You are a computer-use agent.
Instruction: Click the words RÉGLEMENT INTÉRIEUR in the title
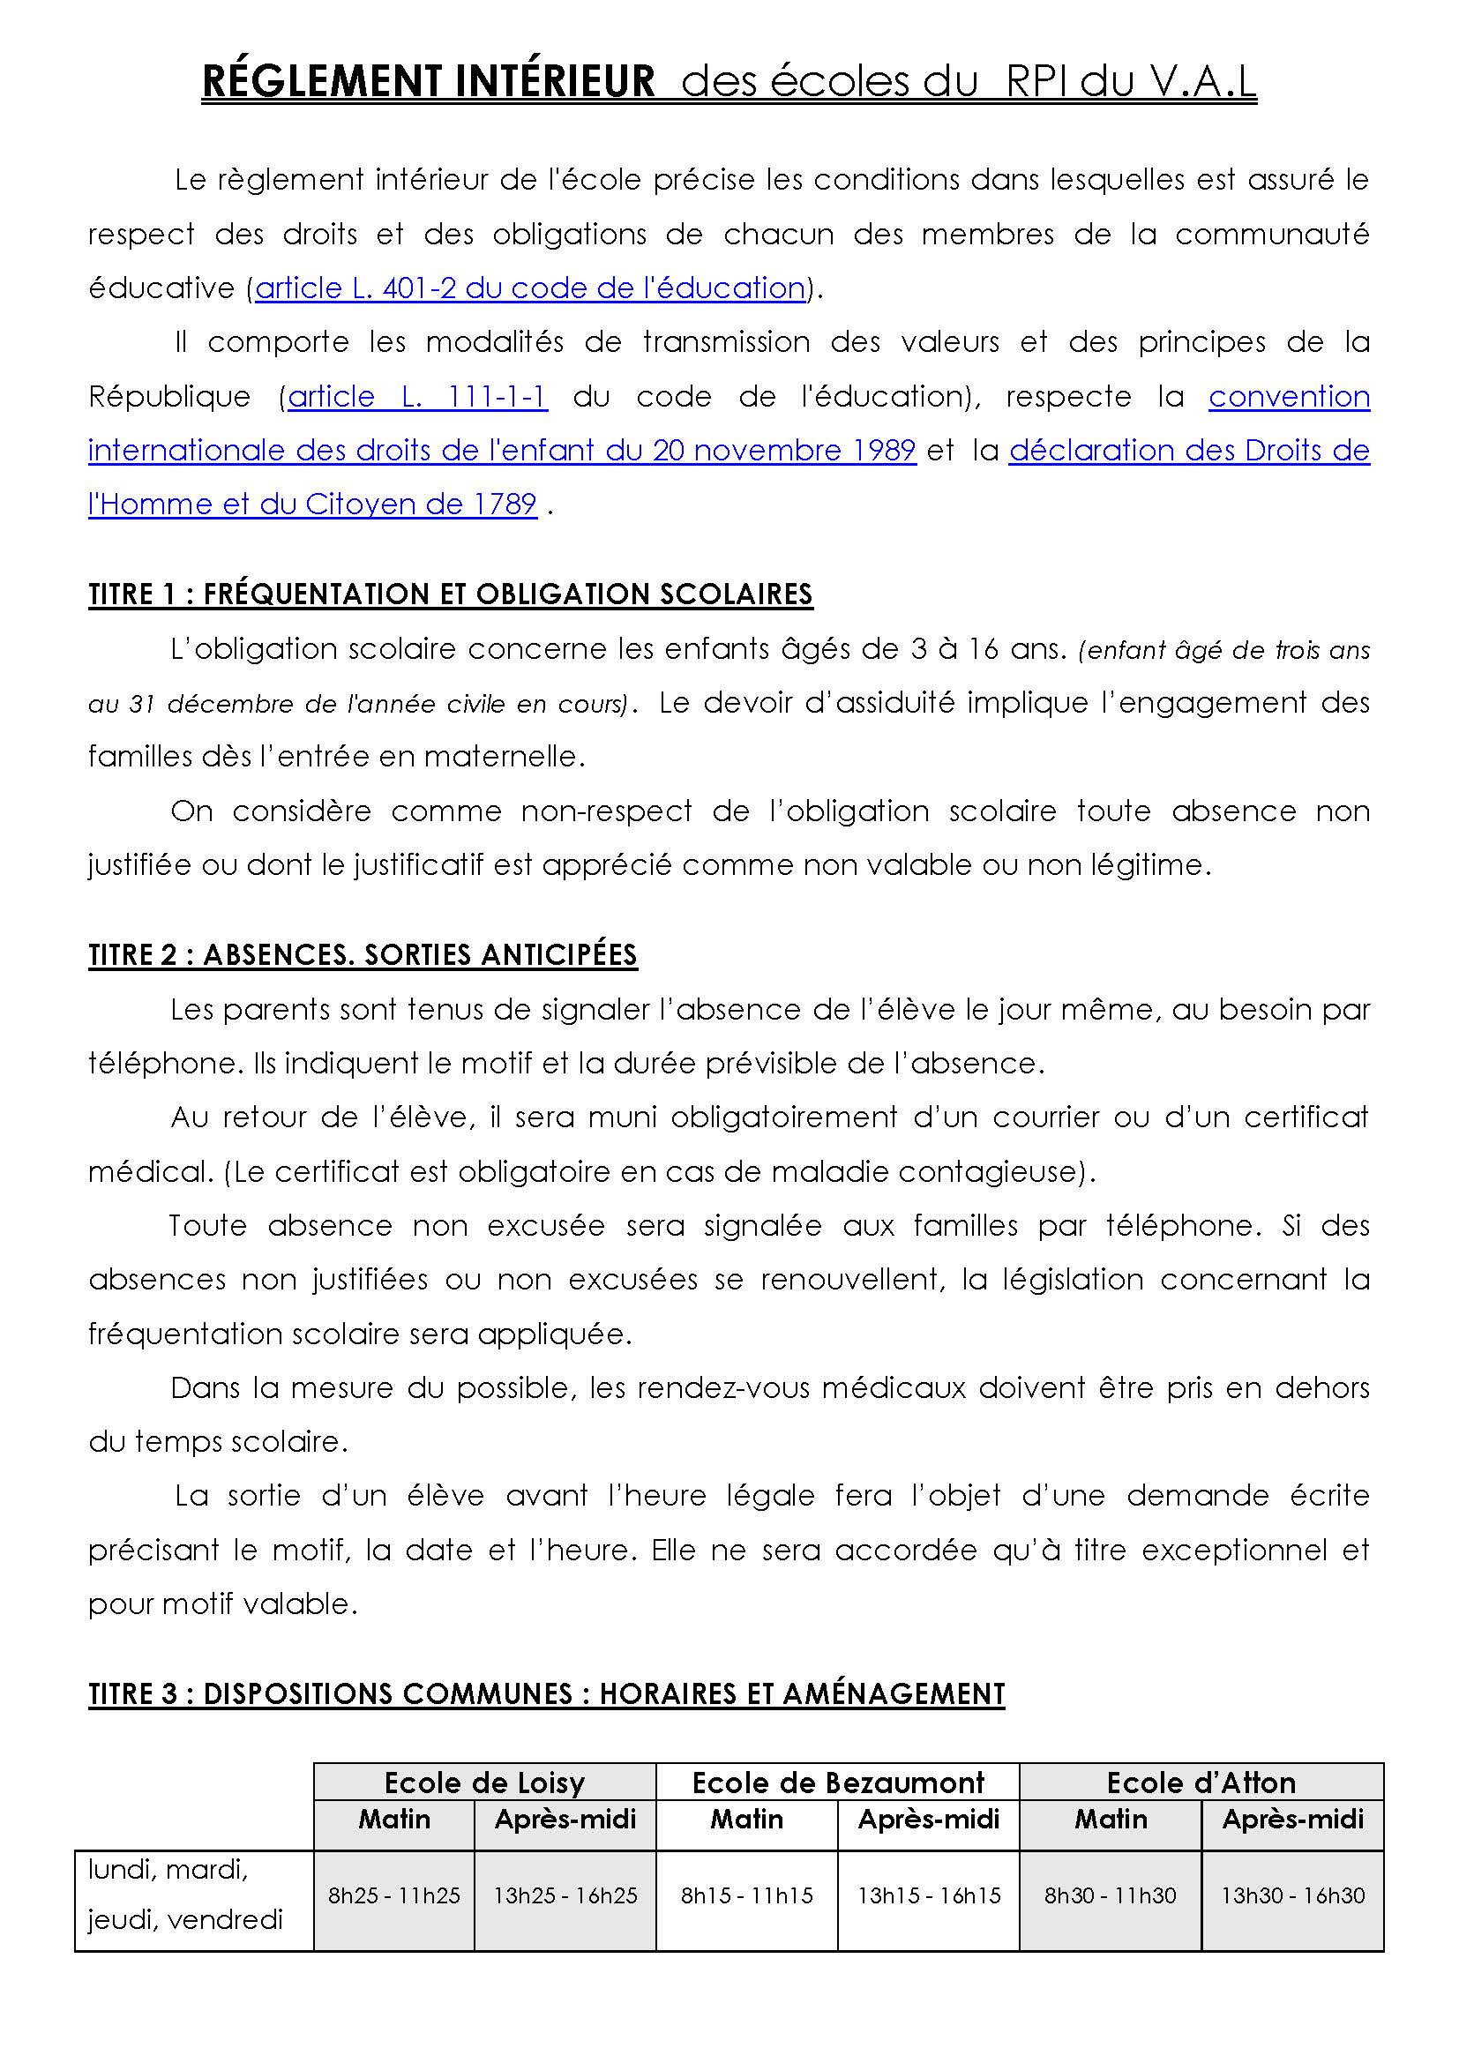click(x=429, y=83)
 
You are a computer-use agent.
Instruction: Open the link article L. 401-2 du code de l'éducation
click(x=530, y=288)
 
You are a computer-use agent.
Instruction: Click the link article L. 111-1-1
click(x=417, y=396)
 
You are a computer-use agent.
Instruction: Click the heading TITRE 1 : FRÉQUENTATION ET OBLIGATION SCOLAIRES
click(x=450, y=594)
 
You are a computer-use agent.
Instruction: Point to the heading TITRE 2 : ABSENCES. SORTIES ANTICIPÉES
click(x=362, y=955)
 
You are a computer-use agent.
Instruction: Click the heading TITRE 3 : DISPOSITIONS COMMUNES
click(x=545, y=1693)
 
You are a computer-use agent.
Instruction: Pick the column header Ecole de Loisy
click(x=484, y=1783)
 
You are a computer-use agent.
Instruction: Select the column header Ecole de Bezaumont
click(x=837, y=1783)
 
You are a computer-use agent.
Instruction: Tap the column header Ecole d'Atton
click(x=1201, y=1783)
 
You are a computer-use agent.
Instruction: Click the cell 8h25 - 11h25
click(x=393, y=1896)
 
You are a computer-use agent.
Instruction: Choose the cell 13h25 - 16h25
click(x=565, y=1896)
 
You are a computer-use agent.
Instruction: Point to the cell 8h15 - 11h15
click(x=746, y=1896)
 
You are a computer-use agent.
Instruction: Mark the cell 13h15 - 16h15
click(x=928, y=1896)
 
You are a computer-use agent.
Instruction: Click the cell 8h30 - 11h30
click(x=1110, y=1896)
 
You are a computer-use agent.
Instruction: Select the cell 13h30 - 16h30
click(x=1292, y=1896)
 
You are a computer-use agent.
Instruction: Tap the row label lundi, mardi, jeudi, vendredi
click(x=185, y=1896)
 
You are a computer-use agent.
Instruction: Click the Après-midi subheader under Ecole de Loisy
click(x=565, y=1820)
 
